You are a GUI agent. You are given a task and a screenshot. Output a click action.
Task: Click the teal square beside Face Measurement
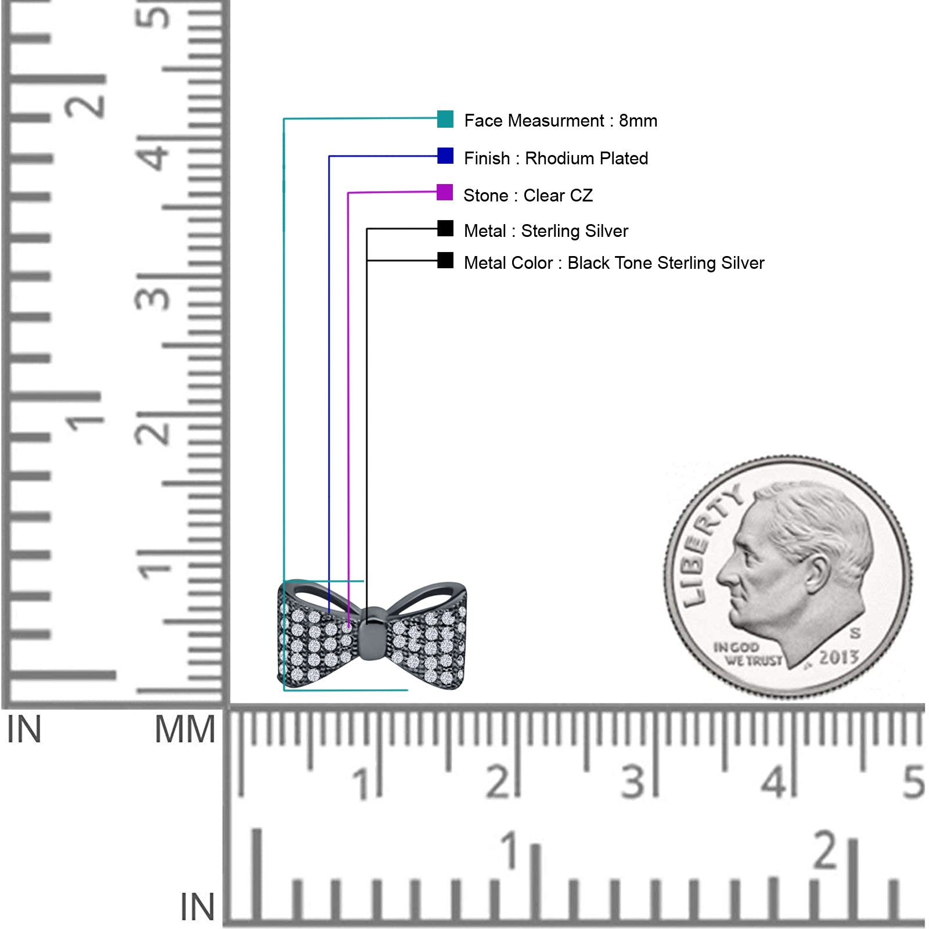(x=445, y=119)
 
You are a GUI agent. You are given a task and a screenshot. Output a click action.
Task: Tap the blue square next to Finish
(x=445, y=156)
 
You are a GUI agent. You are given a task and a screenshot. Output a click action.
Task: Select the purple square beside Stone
(x=445, y=192)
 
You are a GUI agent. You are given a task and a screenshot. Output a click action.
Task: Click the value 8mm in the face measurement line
(x=638, y=121)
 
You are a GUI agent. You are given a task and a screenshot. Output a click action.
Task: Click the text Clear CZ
(x=558, y=196)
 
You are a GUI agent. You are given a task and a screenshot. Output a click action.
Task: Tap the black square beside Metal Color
(x=445, y=260)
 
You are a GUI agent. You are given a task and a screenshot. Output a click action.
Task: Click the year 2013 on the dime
(x=838, y=657)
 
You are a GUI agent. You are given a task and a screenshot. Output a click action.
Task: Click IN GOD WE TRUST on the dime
(x=746, y=654)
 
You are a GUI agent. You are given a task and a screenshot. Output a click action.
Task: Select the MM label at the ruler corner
(x=185, y=729)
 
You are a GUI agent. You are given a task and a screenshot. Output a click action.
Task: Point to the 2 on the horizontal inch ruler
(x=826, y=850)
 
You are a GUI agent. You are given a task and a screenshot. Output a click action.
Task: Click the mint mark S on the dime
(x=855, y=632)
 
